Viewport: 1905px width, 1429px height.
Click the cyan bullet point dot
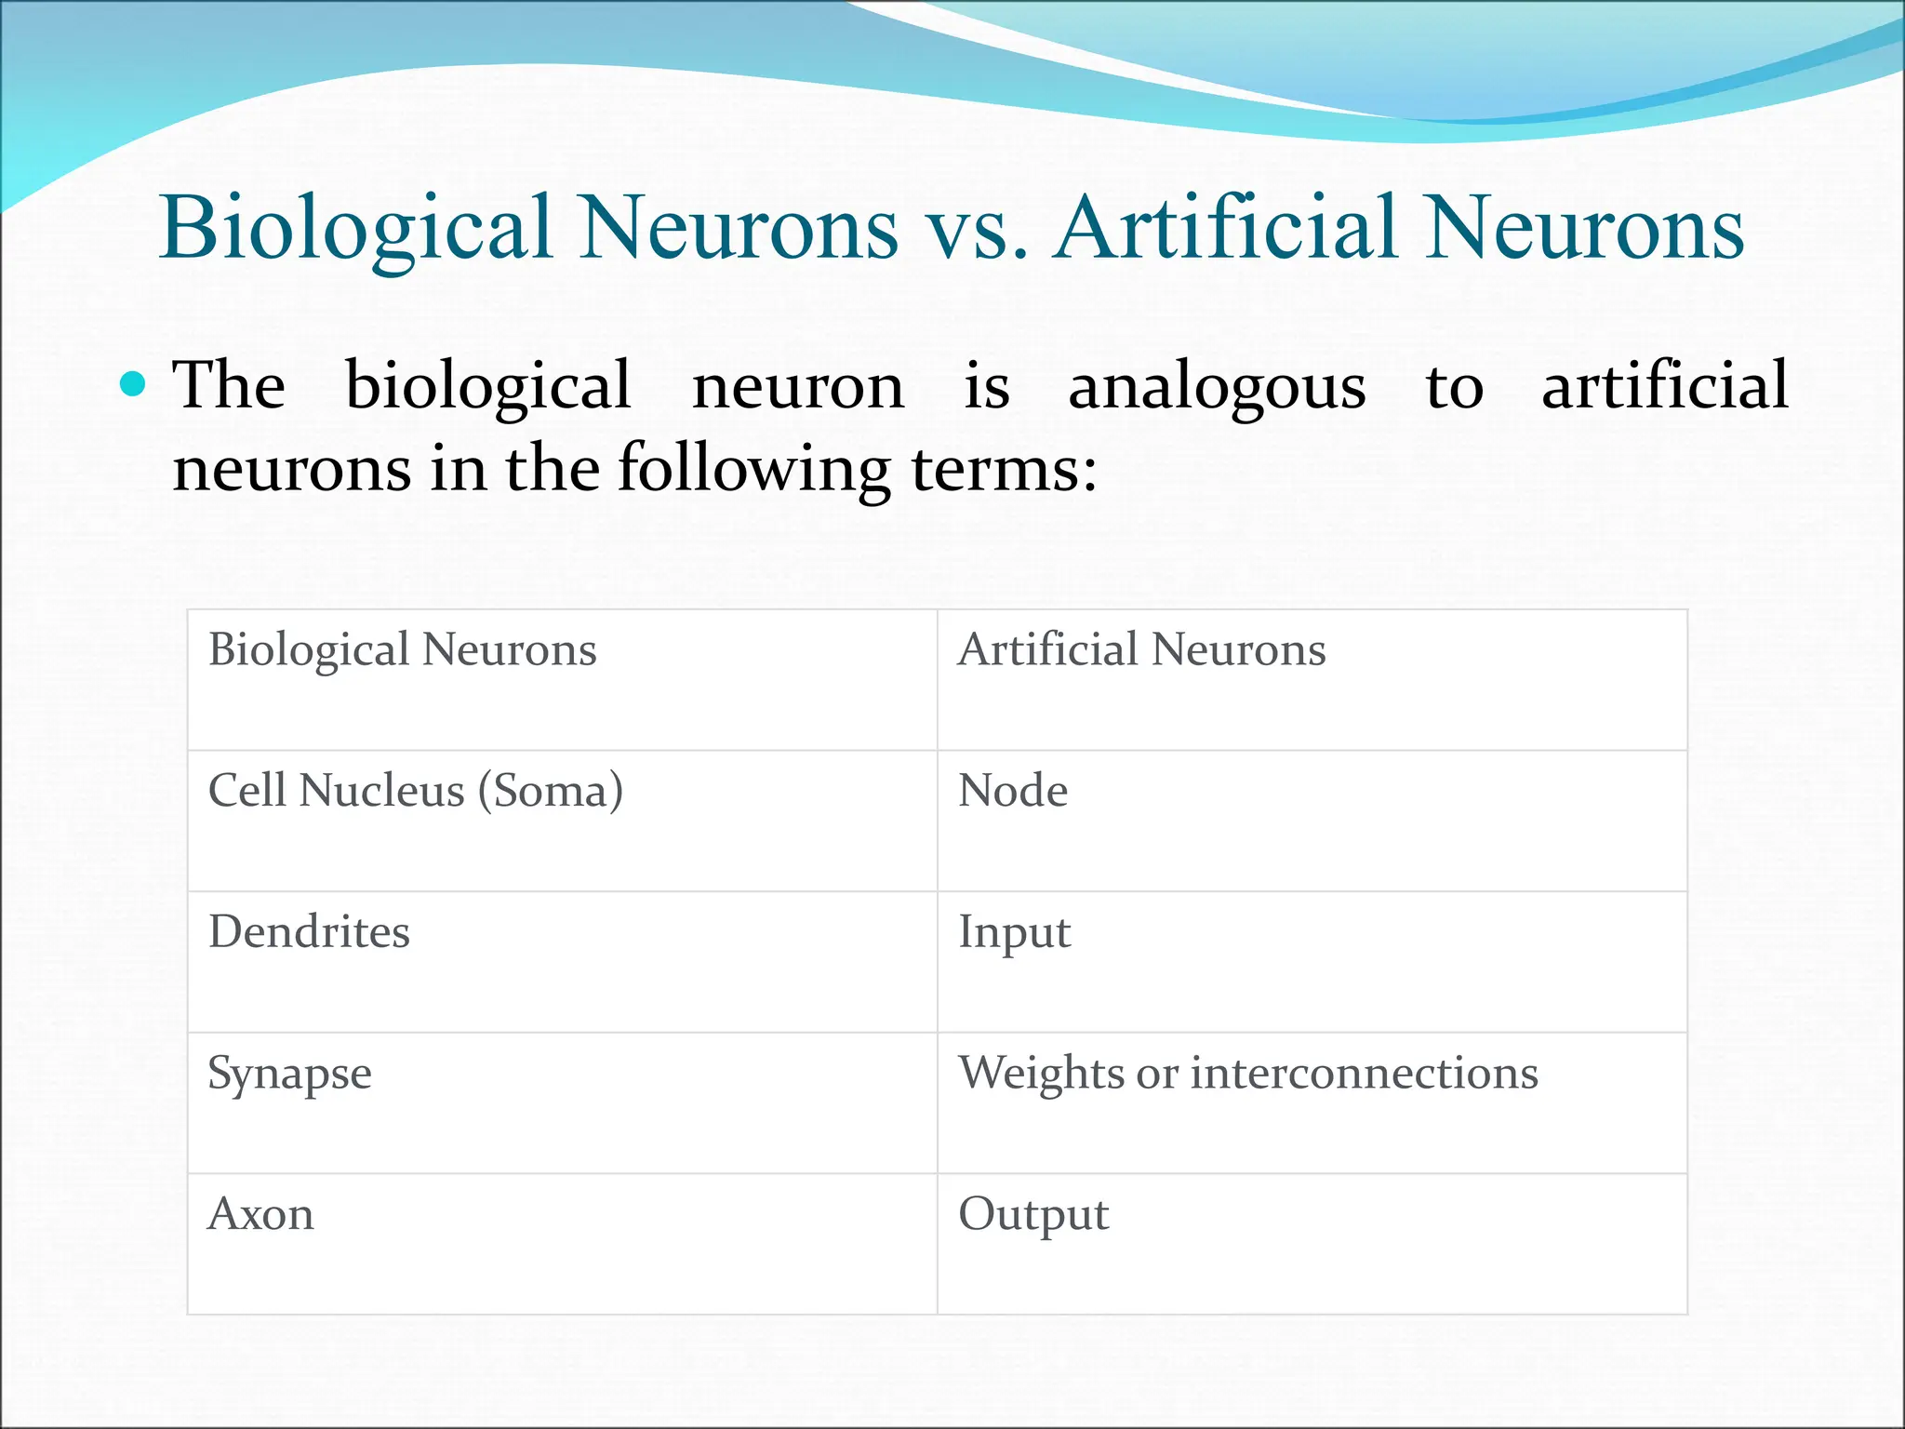134,383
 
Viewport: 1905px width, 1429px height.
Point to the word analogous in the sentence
1217,387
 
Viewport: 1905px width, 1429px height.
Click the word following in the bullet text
753,469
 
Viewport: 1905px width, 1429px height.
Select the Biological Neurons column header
402,649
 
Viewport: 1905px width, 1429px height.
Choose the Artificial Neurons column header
1141,649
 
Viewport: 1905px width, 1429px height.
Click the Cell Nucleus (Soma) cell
415,791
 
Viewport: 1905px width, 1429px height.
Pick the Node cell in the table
1013,791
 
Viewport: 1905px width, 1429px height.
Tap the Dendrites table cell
309,932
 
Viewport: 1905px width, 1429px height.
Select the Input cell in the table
1014,932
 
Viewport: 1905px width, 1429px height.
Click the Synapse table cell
289,1074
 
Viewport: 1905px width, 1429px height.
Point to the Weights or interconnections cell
1247,1074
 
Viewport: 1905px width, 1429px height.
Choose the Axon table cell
260,1215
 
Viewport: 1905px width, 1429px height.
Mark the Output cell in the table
1033,1215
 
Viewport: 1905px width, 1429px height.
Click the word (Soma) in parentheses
551,791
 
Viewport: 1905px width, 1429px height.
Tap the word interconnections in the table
1364,1074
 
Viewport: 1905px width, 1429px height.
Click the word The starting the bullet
229,385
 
